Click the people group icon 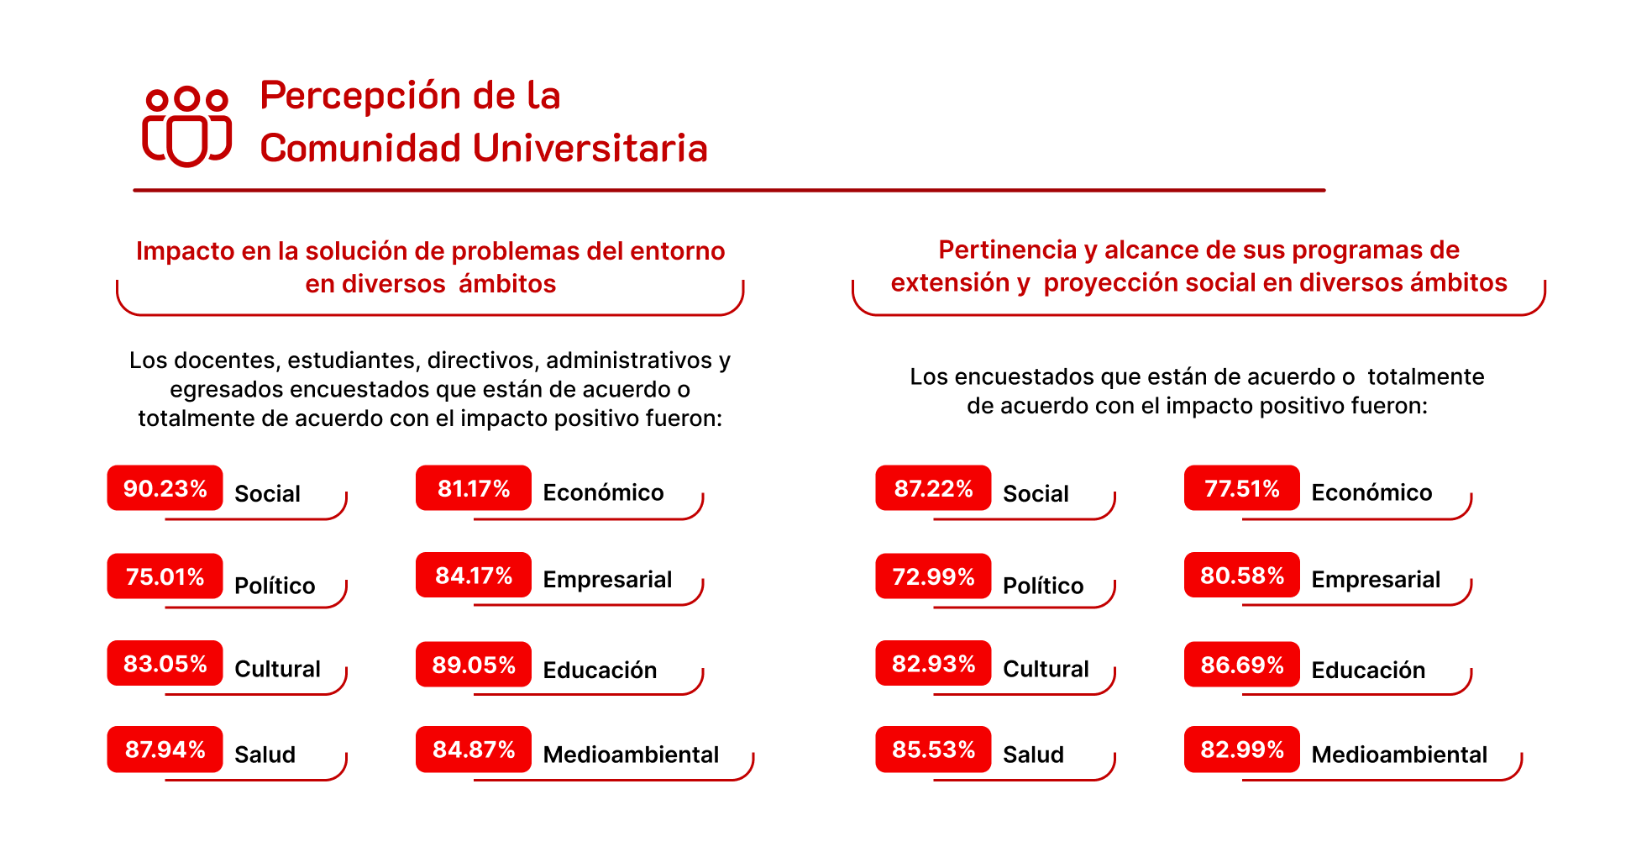(186, 126)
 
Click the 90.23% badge (165, 488)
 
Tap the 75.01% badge (165, 576)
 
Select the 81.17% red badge (474, 488)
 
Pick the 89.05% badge (474, 665)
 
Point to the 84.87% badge (474, 750)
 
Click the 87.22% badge (933, 488)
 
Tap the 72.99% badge (933, 576)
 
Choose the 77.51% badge (1242, 488)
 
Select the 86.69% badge (1242, 665)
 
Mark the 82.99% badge (1242, 750)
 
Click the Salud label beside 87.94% (265, 755)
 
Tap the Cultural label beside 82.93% (1046, 669)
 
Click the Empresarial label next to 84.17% (607, 580)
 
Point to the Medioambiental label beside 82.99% (1399, 755)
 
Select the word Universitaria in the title (590, 149)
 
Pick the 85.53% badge (933, 750)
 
